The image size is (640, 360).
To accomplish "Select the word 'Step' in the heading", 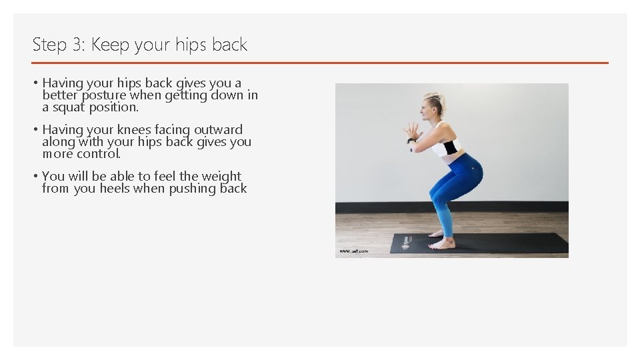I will point(49,45).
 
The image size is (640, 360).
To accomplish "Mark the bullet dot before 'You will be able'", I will point(36,177).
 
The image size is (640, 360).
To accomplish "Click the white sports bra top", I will point(445,146).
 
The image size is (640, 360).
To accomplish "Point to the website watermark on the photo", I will point(353,251).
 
